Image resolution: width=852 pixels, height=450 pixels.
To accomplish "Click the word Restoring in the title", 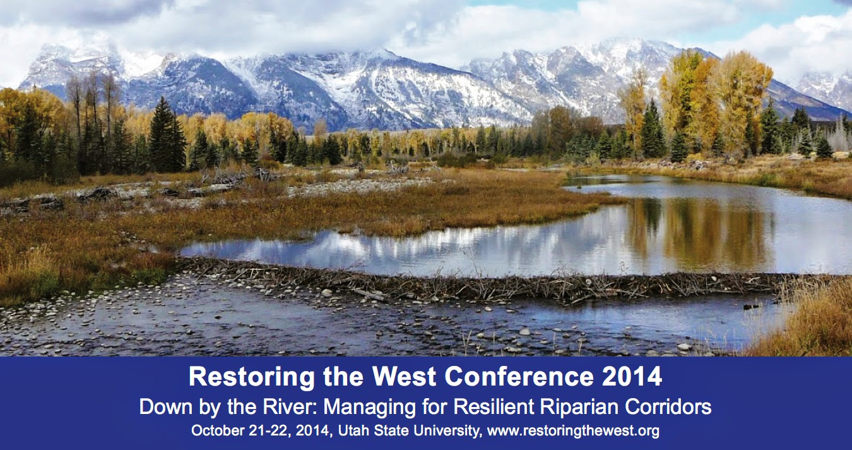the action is click(252, 377).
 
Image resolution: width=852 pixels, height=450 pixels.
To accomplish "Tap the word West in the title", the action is click(404, 377).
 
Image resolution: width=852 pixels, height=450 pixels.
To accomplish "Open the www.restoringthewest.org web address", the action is click(573, 431).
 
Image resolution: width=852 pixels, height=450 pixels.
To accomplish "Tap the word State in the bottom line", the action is click(391, 430).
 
